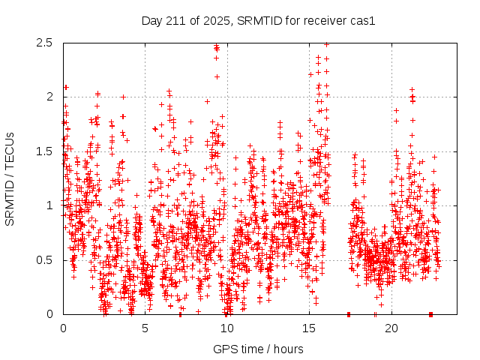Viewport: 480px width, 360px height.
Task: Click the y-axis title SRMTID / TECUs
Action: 10,178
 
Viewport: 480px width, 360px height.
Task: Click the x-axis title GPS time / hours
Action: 258,349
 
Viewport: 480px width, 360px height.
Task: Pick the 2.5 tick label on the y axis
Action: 43,43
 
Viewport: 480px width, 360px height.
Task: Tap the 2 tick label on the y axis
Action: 49,97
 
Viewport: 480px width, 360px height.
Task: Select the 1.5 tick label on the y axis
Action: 43,151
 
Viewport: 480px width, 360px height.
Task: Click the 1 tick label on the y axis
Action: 49,205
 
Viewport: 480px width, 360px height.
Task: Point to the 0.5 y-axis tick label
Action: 43,260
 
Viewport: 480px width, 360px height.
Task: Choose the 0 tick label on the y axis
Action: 49,314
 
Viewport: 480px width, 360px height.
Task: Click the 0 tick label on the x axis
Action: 63,328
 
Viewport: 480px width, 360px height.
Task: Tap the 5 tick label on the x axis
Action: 145,328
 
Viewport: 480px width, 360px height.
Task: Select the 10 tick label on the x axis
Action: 226,328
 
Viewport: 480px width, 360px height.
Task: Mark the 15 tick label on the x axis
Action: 309,328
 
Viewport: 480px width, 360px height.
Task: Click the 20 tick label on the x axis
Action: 391,328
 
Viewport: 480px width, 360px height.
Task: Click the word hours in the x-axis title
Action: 288,349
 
